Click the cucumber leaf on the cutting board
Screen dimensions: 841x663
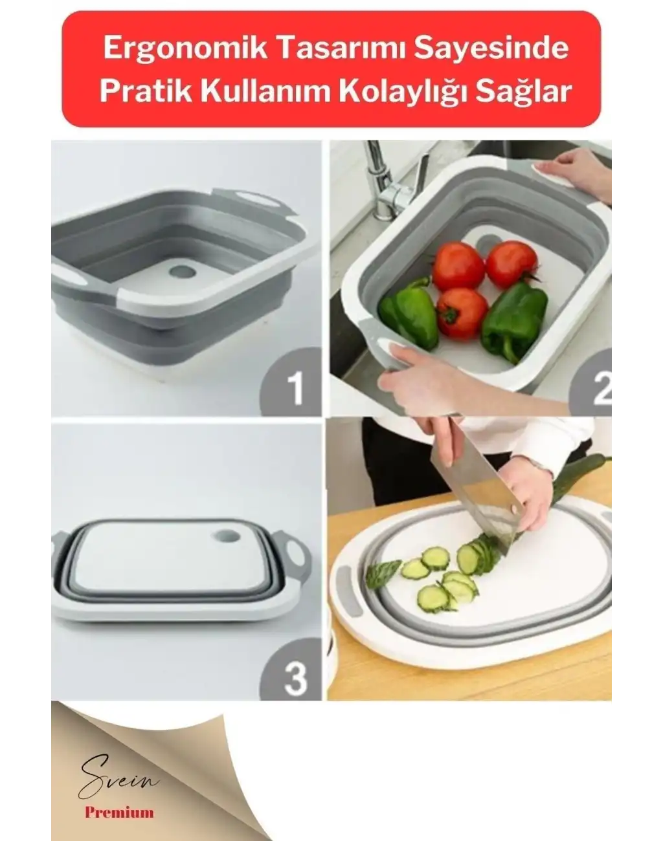click(383, 573)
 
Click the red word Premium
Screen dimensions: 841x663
click(119, 812)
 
